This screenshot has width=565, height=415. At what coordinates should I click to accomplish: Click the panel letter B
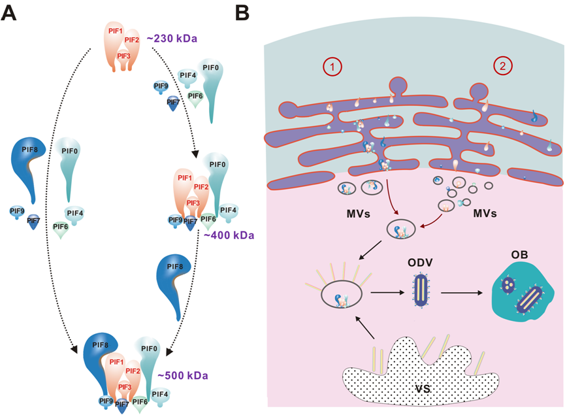pos(242,11)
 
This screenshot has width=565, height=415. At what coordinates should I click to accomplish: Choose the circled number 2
pos(502,66)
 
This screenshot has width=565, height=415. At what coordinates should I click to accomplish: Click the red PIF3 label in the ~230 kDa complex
pos(123,56)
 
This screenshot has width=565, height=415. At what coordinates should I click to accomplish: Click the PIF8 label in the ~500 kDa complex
pos(101,345)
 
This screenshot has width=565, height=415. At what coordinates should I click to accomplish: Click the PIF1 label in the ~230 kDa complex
pos(114,30)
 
